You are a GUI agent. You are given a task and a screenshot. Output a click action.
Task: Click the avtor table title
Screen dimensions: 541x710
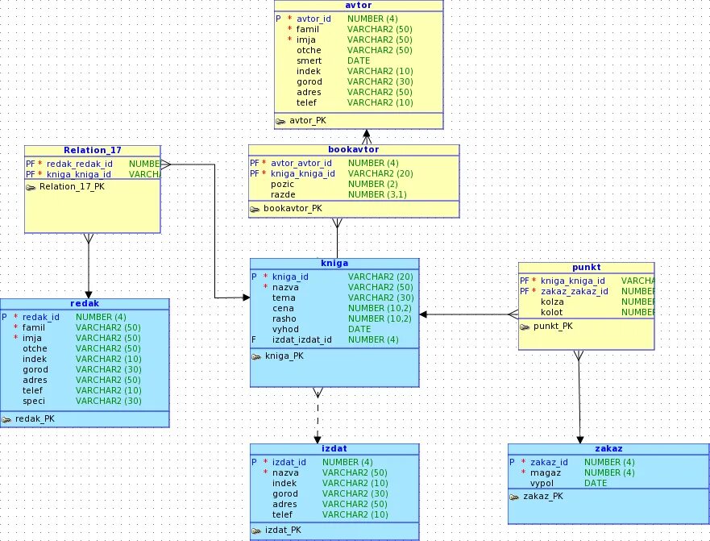click(x=359, y=5)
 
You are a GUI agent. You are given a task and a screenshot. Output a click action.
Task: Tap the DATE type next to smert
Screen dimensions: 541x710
click(x=359, y=60)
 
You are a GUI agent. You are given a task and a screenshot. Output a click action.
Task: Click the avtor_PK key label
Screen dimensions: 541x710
click(x=307, y=121)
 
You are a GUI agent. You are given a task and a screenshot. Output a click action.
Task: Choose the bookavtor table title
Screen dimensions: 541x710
click(x=353, y=150)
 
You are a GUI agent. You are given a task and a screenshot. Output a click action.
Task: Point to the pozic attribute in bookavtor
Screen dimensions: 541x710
click(x=283, y=185)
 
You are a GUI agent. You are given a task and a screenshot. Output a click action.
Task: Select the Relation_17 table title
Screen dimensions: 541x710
click(x=92, y=150)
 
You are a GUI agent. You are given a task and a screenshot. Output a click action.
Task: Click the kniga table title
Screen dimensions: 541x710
click(x=334, y=264)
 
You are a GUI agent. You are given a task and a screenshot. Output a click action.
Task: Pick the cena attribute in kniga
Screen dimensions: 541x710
click(x=283, y=308)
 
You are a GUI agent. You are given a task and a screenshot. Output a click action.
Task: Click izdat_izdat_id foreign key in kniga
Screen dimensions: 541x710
click(x=301, y=339)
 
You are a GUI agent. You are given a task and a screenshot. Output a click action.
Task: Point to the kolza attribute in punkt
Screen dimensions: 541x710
click(x=552, y=302)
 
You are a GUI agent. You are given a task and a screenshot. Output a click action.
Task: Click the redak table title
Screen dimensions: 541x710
click(x=84, y=304)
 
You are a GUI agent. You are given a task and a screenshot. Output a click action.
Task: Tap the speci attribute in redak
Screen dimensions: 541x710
click(x=35, y=401)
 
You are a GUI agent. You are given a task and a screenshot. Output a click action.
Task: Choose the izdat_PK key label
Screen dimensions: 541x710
click(x=282, y=530)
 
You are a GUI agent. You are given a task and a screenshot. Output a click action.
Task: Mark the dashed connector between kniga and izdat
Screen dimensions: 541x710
click(x=317, y=419)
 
